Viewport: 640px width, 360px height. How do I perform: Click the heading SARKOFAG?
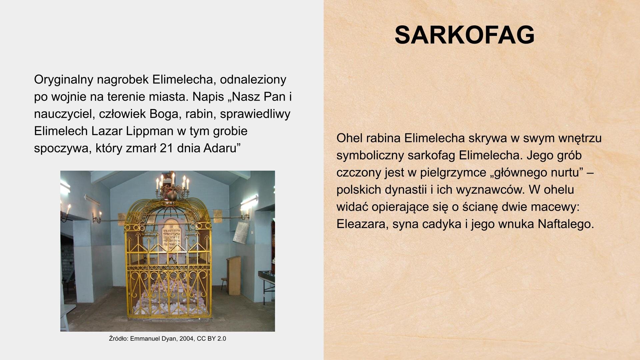point(464,35)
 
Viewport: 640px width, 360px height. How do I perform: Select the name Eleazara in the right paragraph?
point(361,224)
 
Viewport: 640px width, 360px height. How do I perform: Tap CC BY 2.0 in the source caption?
point(211,339)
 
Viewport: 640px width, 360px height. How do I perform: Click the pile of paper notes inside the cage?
point(168,295)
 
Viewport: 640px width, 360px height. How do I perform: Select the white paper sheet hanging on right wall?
point(241,232)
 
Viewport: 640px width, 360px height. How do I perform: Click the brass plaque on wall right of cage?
point(218,216)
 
